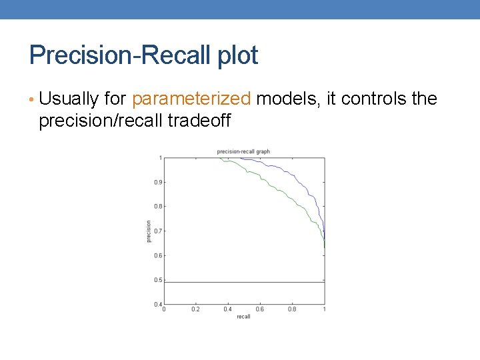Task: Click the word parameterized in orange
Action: click(x=191, y=99)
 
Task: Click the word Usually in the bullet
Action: click(x=69, y=99)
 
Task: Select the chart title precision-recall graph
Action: click(x=243, y=152)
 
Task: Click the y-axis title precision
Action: click(x=149, y=231)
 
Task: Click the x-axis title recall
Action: click(x=243, y=316)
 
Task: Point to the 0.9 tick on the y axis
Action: click(x=158, y=182)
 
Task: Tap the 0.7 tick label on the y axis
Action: click(x=158, y=231)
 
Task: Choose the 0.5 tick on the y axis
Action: click(x=158, y=280)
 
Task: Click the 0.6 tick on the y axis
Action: click(x=158, y=255)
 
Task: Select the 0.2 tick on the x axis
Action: click(x=195, y=309)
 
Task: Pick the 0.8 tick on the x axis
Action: click(x=292, y=309)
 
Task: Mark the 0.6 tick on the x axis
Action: click(x=259, y=309)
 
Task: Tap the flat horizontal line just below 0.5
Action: click(x=243, y=283)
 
